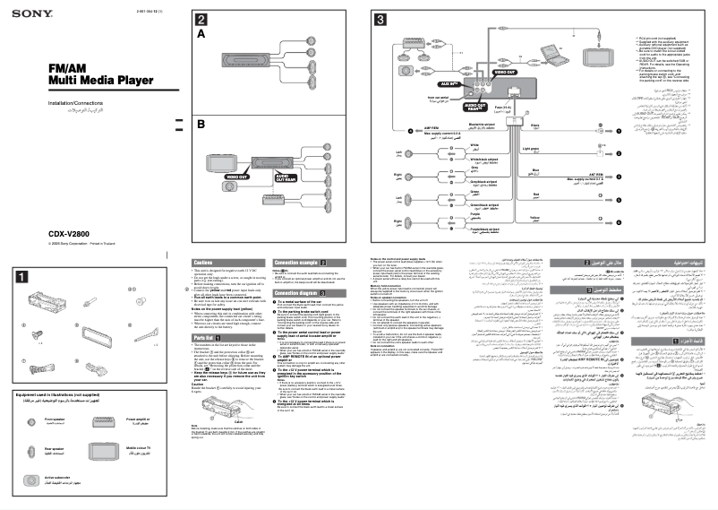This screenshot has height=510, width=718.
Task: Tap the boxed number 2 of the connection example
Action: (202, 20)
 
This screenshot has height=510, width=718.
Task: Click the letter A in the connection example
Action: (201, 33)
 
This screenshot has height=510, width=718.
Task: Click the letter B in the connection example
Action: (201, 125)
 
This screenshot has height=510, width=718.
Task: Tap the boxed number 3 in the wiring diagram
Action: (380, 20)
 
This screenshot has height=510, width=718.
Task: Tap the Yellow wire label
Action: (535, 216)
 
